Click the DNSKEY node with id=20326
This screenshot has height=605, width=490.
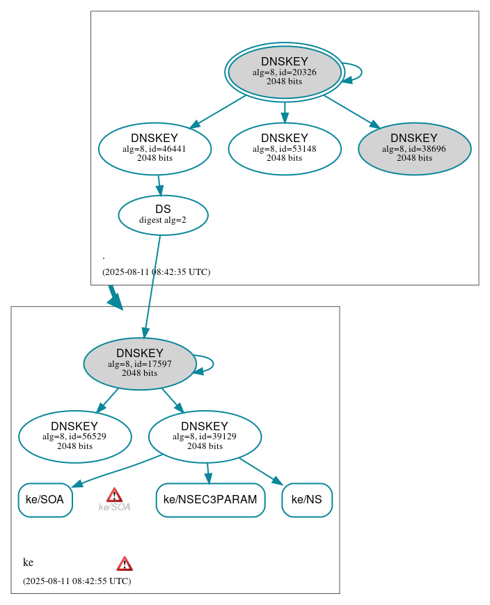click(x=284, y=72)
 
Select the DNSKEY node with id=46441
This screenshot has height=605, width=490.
click(x=155, y=148)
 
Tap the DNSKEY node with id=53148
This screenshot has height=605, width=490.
click(x=284, y=148)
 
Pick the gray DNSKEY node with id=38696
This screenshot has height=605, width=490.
click(x=414, y=148)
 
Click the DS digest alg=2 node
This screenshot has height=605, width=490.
click(x=163, y=214)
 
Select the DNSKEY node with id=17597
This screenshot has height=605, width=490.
click(x=139, y=363)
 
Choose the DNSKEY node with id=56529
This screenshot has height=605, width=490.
click(x=74, y=437)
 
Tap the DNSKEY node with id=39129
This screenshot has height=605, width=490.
click(x=205, y=437)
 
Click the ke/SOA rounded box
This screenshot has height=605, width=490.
click(x=45, y=500)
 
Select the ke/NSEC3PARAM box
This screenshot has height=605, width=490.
click(x=210, y=500)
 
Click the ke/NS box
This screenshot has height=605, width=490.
click(x=306, y=500)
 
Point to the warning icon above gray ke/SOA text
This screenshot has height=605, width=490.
click(x=114, y=494)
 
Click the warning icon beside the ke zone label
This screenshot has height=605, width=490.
click(x=125, y=563)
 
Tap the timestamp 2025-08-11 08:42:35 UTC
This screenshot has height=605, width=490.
click(x=156, y=272)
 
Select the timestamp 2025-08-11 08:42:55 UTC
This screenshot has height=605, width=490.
click(x=77, y=581)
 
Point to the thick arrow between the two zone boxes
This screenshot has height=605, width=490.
click(x=114, y=297)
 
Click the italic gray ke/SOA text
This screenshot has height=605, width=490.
click(x=114, y=508)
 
